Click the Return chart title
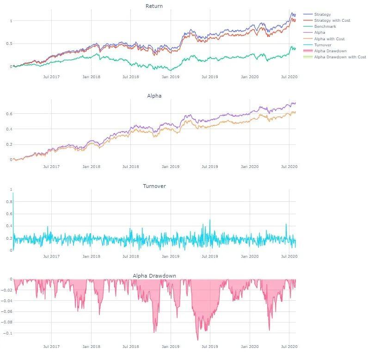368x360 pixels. pyautogui.click(x=154, y=6)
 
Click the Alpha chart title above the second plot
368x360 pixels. pyautogui.click(x=154, y=96)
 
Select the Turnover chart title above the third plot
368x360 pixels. pyautogui.click(x=154, y=186)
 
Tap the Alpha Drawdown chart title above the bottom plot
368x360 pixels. pyautogui.click(x=154, y=276)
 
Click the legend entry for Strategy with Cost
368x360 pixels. pyautogui.click(x=332, y=20)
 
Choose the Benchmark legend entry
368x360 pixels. pyautogui.click(x=325, y=26)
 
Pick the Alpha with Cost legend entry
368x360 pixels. pyautogui.click(x=329, y=39)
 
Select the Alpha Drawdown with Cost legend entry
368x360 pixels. pyautogui.click(x=340, y=57)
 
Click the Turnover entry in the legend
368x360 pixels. pyautogui.click(x=323, y=45)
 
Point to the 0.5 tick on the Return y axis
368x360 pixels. pyautogui.click(x=9, y=43)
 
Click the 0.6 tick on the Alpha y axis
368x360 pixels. pyautogui.click(x=9, y=114)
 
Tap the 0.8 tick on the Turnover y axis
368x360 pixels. pyautogui.click(x=9, y=202)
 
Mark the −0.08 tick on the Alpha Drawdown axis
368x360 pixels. pyautogui.click(x=6, y=322)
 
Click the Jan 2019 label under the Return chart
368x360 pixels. pyautogui.click(x=171, y=77)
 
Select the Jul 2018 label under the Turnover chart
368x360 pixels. pyautogui.click(x=131, y=256)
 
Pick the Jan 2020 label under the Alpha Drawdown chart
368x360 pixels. pyautogui.click(x=250, y=347)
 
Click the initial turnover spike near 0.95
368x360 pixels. pyautogui.click(x=13, y=193)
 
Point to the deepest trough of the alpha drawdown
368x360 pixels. pyautogui.click(x=197, y=340)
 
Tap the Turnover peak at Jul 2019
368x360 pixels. pyautogui.click(x=210, y=220)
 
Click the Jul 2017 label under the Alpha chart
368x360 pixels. pyautogui.click(x=51, y=167)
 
